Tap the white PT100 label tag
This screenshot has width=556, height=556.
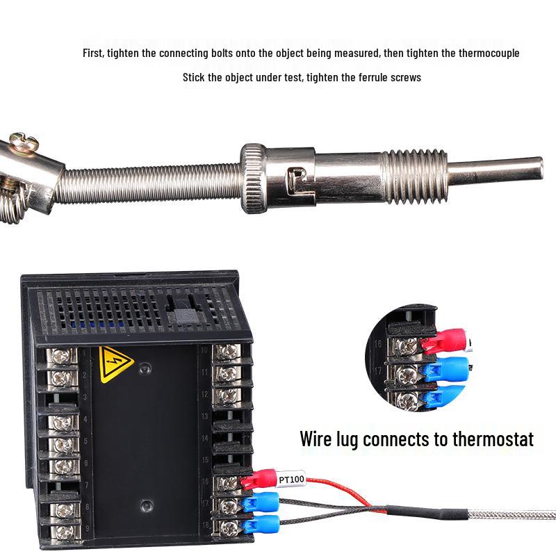(x=291, y=480)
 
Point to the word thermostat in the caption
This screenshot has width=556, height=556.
(x=493, y=439)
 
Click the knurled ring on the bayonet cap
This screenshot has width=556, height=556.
(x=254, y=179)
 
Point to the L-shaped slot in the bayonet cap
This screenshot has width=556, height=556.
(x=296, y=181)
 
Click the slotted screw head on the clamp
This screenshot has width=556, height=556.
(x=24, y=141)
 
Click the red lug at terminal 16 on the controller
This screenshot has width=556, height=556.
(x=259, y=479)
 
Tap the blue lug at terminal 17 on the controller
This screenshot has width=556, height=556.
(x=260, y=502)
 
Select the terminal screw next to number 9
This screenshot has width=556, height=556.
(x=65, y=532)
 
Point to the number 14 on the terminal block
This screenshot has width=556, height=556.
(x=204, y=438)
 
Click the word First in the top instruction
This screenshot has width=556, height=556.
(x=94, y=54)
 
